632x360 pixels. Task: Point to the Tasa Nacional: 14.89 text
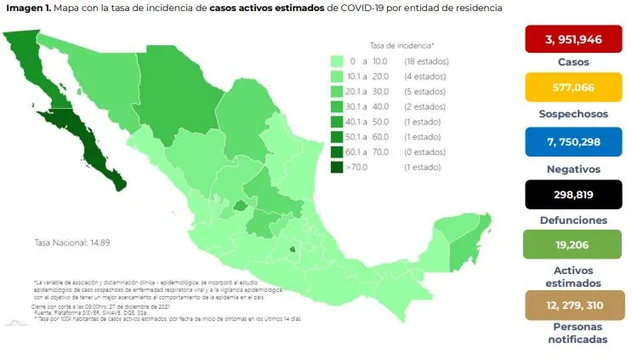(72, 242)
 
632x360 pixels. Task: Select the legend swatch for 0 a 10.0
(336, 61)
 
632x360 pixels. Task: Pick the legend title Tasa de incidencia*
(402, 43)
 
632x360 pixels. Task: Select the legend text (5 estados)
(421, 92)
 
